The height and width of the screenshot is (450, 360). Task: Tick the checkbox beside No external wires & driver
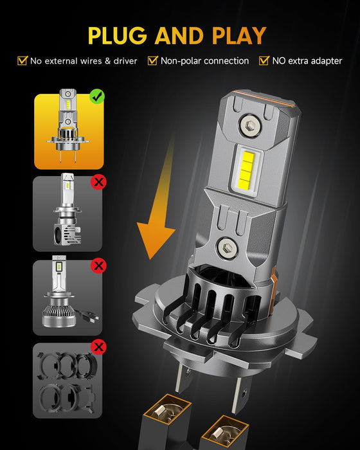[22, 61]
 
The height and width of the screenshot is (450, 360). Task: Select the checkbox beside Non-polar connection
[153, 61]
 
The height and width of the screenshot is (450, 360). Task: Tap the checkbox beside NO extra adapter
[264, 61]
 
